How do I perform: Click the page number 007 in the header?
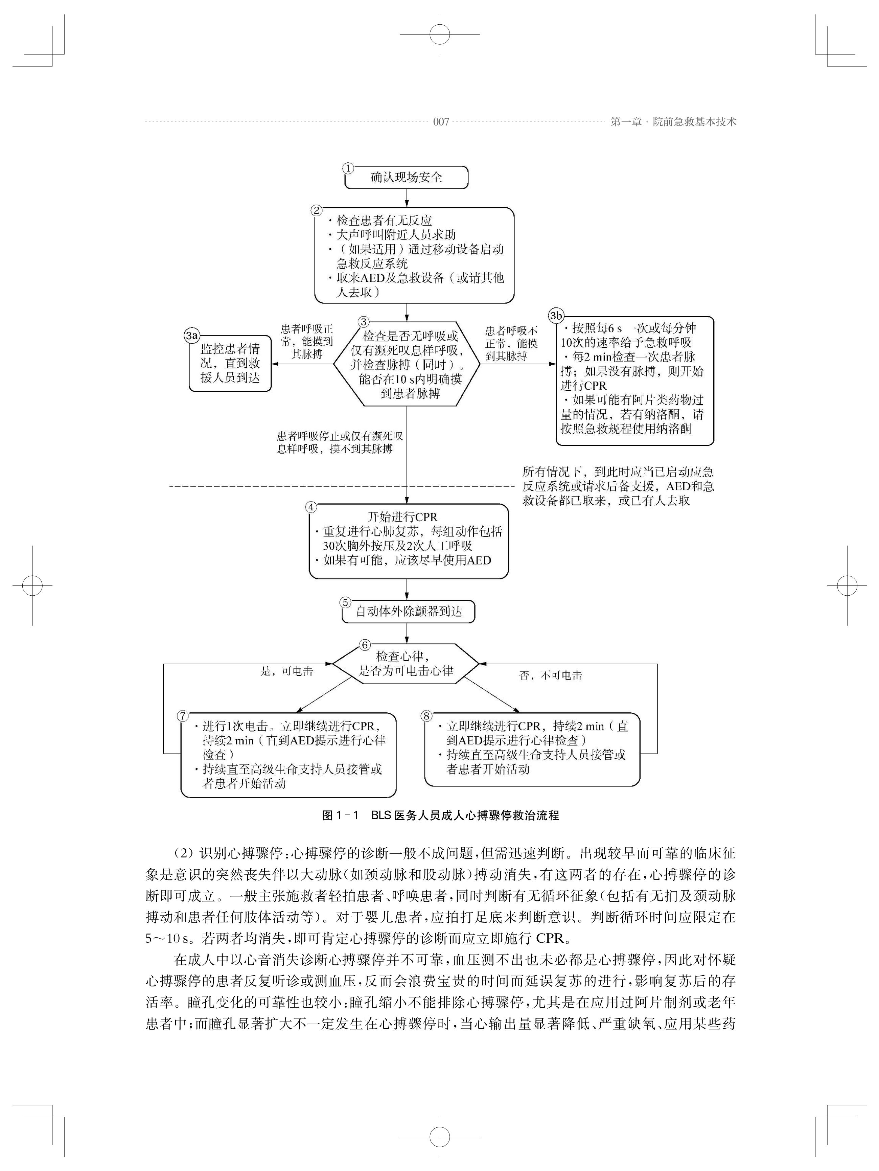point(441,122)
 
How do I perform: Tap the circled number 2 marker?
point(317,210)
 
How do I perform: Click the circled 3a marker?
point(191,335)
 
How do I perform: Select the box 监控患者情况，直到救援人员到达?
point(230,364)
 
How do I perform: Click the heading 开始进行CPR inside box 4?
point(402,517)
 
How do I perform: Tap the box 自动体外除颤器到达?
point(408,612)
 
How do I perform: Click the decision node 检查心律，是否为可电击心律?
point(406,663)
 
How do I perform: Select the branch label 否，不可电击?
point(550,675)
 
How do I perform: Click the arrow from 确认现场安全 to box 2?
point(407,198)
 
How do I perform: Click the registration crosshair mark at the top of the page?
point(439,34)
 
